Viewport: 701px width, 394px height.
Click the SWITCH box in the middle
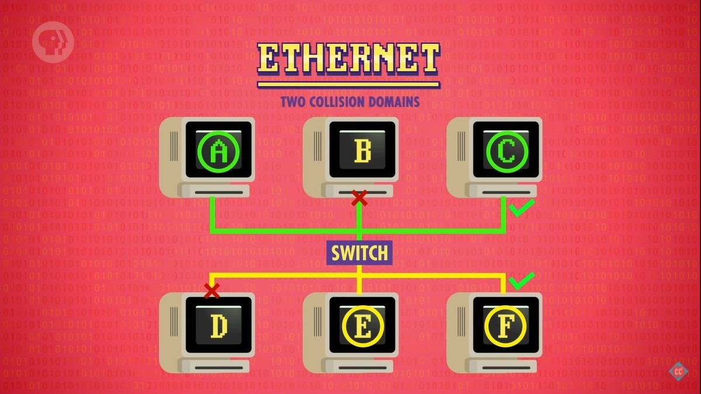click(359, 253)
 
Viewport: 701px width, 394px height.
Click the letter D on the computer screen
click(219, 327)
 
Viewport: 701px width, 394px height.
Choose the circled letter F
click(506, 327)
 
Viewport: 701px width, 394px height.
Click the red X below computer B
click(359, 198)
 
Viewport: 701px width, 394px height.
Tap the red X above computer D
click(211, 290)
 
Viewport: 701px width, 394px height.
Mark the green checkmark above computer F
click(521, 281)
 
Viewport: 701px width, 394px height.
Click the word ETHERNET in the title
click(348, 58)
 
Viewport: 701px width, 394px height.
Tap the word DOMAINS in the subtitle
click(397, 102)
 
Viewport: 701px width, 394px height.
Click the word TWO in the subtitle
click(294, 102)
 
